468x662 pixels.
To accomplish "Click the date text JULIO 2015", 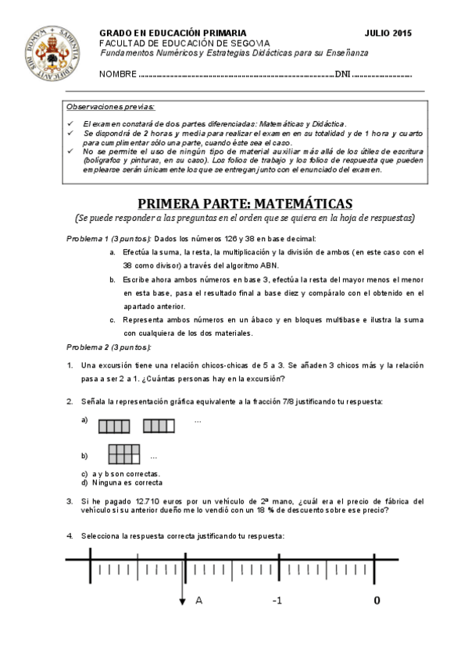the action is point(388,33).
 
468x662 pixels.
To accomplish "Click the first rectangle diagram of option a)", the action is point(114,425).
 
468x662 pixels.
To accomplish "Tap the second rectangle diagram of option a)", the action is point(159,425).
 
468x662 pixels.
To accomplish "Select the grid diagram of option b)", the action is point(124,454).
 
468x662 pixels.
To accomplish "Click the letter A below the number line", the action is point(199,600).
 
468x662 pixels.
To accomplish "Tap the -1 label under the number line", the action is point(277,600).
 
